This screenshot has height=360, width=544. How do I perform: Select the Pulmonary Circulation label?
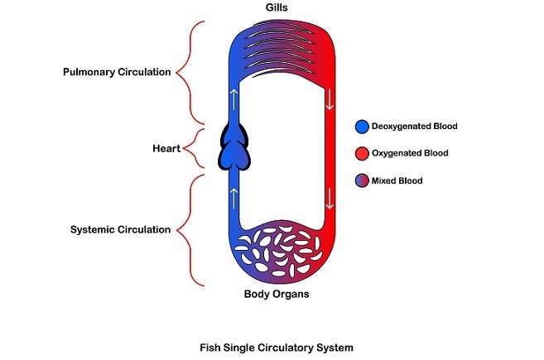point(117,72)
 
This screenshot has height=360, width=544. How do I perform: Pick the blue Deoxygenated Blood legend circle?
point(361,127)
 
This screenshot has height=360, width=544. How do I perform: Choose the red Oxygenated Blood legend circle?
point(361,154)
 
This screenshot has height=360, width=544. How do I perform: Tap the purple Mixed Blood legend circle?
point(361,180)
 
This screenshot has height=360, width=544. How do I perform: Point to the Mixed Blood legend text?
point(401,180)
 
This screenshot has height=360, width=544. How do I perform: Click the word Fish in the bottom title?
point(212,347)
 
